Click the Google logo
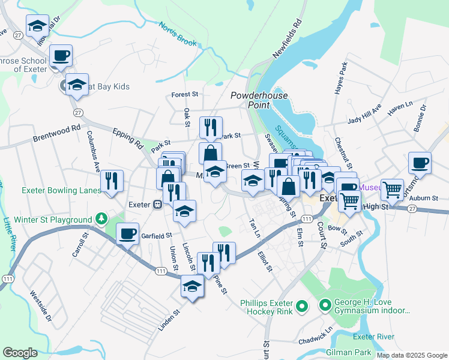coord(20,353)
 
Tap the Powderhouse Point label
coord(259,100)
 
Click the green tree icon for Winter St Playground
coord(102,218)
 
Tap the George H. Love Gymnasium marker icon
coord(325,307)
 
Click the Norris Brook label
coord(178,35)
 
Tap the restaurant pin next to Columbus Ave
coord(112,181)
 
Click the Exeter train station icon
coord(157,205)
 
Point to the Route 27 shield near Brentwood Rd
coord(77,112)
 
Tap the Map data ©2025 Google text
coord(411,355)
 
